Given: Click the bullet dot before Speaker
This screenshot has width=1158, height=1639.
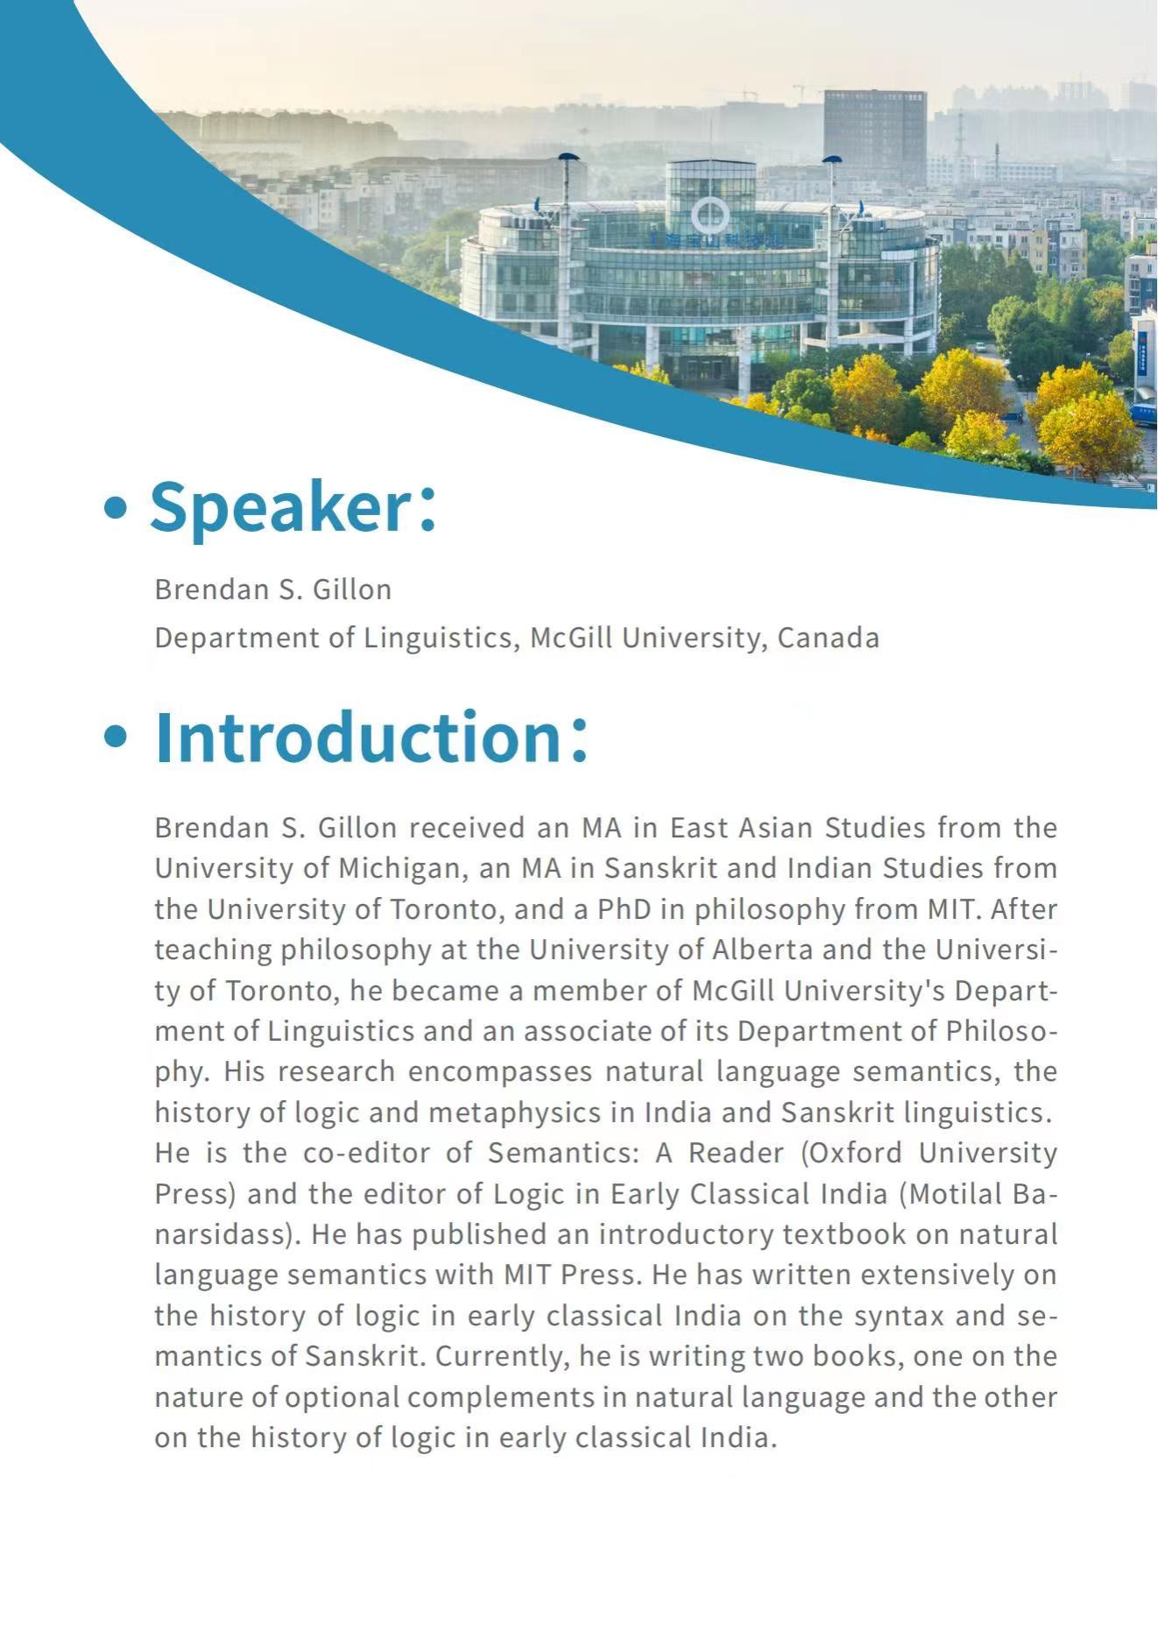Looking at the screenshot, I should tap(115, 507).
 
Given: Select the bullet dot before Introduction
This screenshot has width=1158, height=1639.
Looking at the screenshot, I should tap(115, 737).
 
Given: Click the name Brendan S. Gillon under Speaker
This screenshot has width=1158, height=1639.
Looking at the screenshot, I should tap(272, 590).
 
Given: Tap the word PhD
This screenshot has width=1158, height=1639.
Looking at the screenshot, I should tap(625, 909).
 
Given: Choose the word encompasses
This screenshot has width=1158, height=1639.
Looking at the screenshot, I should tap(500, 1071).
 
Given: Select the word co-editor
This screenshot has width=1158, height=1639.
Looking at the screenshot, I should tap(366, 1153).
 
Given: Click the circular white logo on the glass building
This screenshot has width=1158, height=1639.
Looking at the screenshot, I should tap(710, 215).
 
